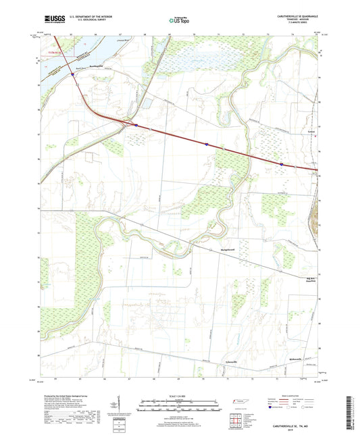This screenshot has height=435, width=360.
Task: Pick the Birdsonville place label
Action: tap(296, 359)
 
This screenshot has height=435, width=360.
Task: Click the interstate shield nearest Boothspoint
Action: tap(72, 75)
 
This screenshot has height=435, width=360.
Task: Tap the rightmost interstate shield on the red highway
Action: tap(281, 163)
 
